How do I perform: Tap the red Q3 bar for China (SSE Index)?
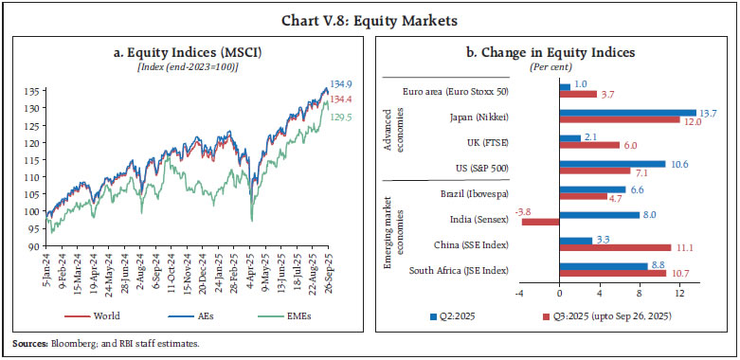pyautogui.click(x=615, y=247)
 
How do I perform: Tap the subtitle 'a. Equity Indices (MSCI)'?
pyautogui.click(x=189, y=49)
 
